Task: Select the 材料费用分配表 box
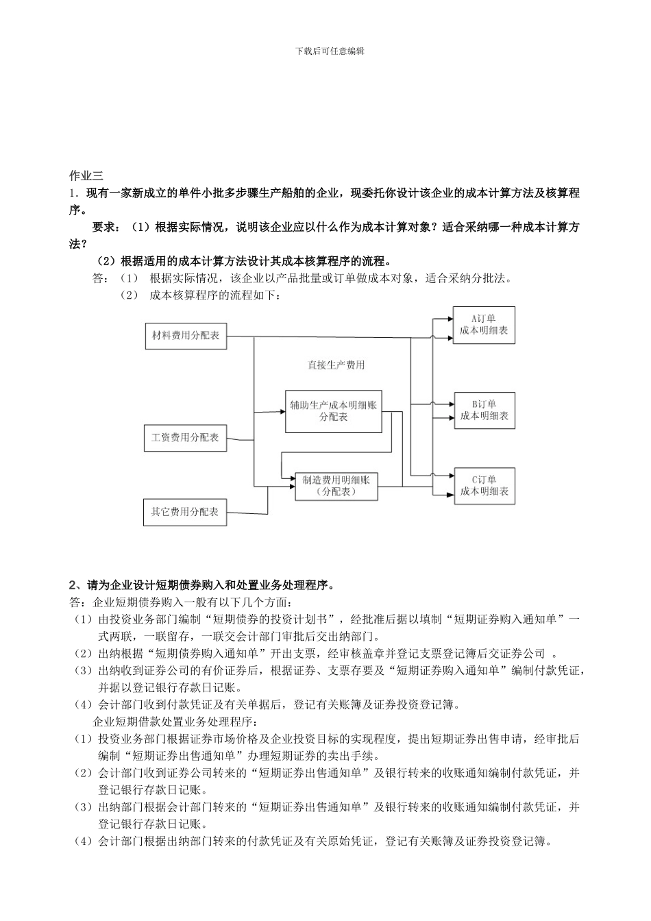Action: (x=185, y=336)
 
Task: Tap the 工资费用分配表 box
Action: (x=185, y=437)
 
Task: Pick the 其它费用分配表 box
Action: (x=185, y=512)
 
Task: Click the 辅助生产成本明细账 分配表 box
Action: (x=333, y=411)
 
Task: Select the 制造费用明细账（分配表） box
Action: (x=336, y=485)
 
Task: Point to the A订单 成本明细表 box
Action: (x=484, y=325)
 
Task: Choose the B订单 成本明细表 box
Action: (x=484, y=410)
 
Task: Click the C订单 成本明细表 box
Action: (x=484, y=485)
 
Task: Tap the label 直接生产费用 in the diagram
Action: (x=336, y=365)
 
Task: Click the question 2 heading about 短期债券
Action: (x=202, y=585)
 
